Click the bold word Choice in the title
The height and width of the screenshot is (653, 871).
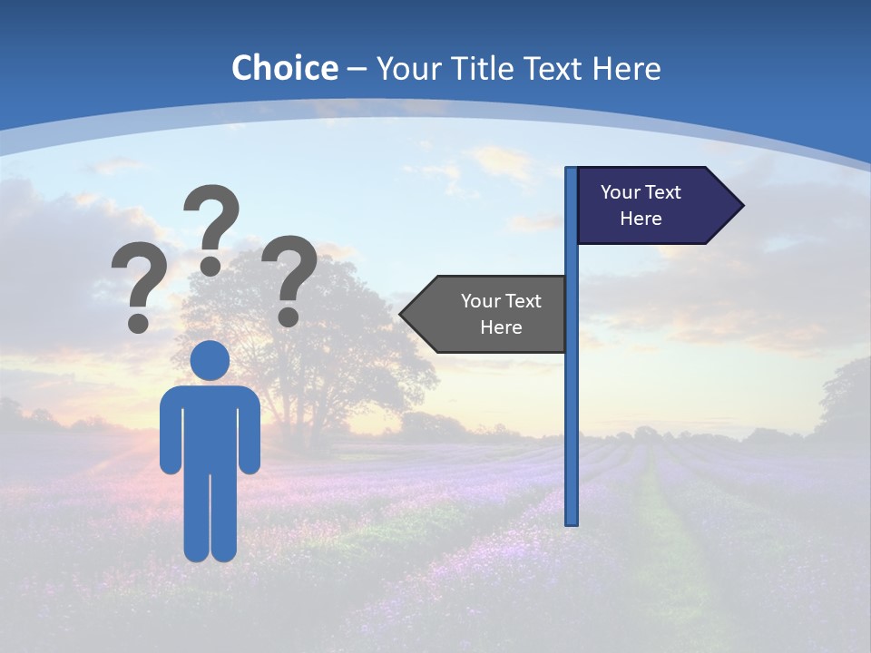click(x=284, y=68)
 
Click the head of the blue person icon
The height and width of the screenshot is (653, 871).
click(x=210, y=360)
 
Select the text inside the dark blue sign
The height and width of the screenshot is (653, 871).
click(x=641, y=205)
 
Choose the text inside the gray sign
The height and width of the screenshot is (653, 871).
click(x=501, y=314)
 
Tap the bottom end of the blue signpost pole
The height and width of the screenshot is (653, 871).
click(x=572, y=521)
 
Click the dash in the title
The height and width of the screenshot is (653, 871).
click(x=357, y=70)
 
